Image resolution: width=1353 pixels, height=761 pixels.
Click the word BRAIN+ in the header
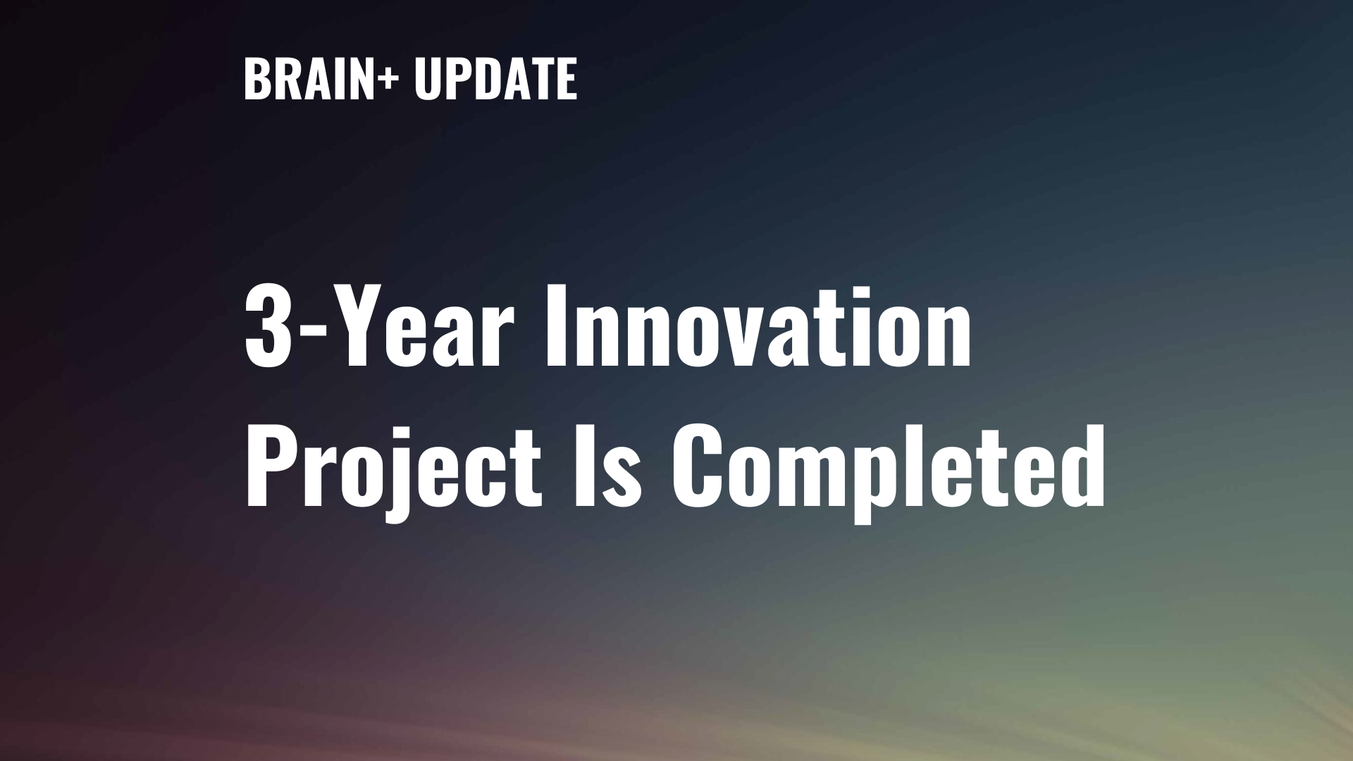321,78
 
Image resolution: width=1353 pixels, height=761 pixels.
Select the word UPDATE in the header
495,78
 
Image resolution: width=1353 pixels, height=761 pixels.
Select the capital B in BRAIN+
257,79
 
